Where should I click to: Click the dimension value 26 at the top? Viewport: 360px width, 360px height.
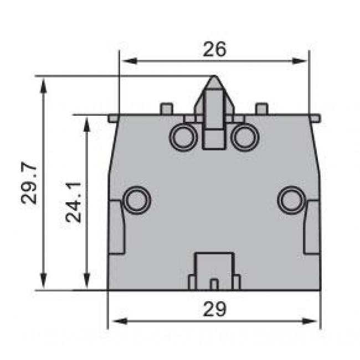coord(214,49)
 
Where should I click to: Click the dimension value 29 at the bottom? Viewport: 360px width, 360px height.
coord(214,309)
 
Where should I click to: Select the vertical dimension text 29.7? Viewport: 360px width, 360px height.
coord(30,183)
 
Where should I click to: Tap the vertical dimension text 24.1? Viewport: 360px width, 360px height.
coord(74,203)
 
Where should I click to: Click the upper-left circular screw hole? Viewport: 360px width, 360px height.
coord(183,137)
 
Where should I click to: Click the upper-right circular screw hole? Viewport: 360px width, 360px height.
coord(245,137)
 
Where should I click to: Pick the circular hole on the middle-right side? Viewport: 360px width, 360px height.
coord(291,199)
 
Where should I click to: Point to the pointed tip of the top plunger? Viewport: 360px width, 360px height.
coord(214,79)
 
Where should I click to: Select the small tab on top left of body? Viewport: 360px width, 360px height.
coord(165,108)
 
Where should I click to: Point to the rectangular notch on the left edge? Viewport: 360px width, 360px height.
coord(115,227)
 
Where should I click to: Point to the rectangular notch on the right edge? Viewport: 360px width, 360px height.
coord(312,227)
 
